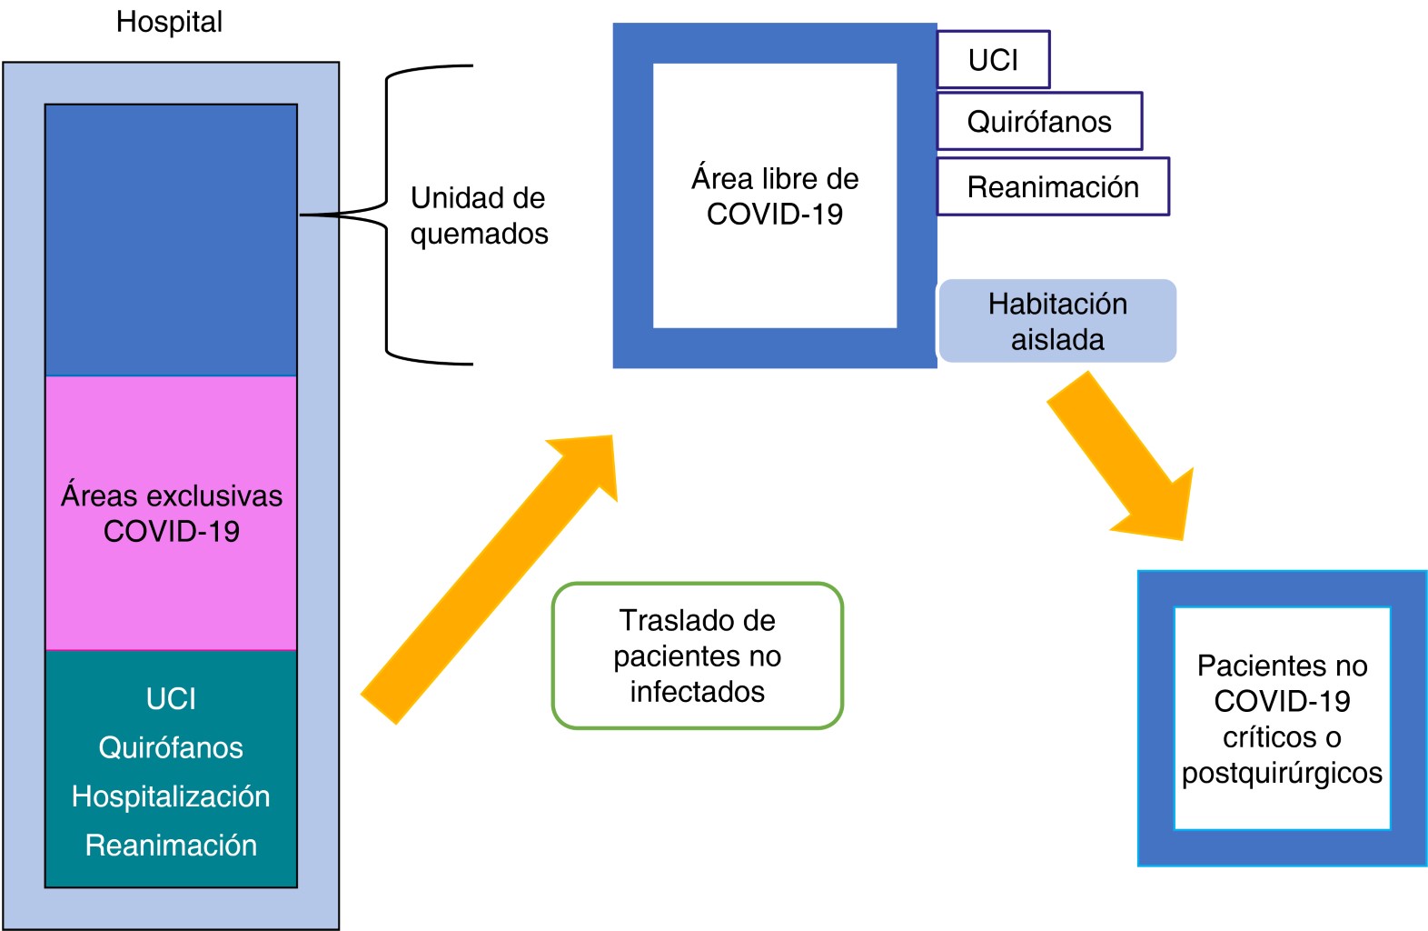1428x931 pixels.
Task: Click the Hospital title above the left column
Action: click(x=169, y=22)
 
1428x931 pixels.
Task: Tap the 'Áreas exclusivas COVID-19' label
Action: click(x=171, y=513)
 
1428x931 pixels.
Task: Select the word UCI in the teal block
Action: click(x=171, y=698)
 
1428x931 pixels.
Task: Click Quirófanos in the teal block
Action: click(x=171, y=747)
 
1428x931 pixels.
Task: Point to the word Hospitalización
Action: click(x=171, y=796)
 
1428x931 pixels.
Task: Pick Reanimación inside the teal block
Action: click(x=171, y=846)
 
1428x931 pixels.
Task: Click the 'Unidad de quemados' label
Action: click(x=479, y=215)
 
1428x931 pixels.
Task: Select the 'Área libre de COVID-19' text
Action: click(x=775, y=195)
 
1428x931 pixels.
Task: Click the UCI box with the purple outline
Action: click(x=993, y=60)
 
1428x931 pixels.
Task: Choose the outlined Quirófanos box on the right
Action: click(x=1039, y=121)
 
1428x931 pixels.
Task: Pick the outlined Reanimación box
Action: click(x=1053, y=186)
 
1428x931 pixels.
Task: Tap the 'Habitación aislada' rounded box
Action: click(x=1057, y=321)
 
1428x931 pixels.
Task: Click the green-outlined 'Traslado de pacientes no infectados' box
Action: click(x=698, y=656)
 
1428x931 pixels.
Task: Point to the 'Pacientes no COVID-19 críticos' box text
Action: click(x=1282, y=701)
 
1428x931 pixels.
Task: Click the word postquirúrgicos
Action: click(x=1282, y=773)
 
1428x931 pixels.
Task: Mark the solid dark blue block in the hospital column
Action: click(x=171, y=240)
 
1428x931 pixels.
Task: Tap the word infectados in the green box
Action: click(x=698, y=692)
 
